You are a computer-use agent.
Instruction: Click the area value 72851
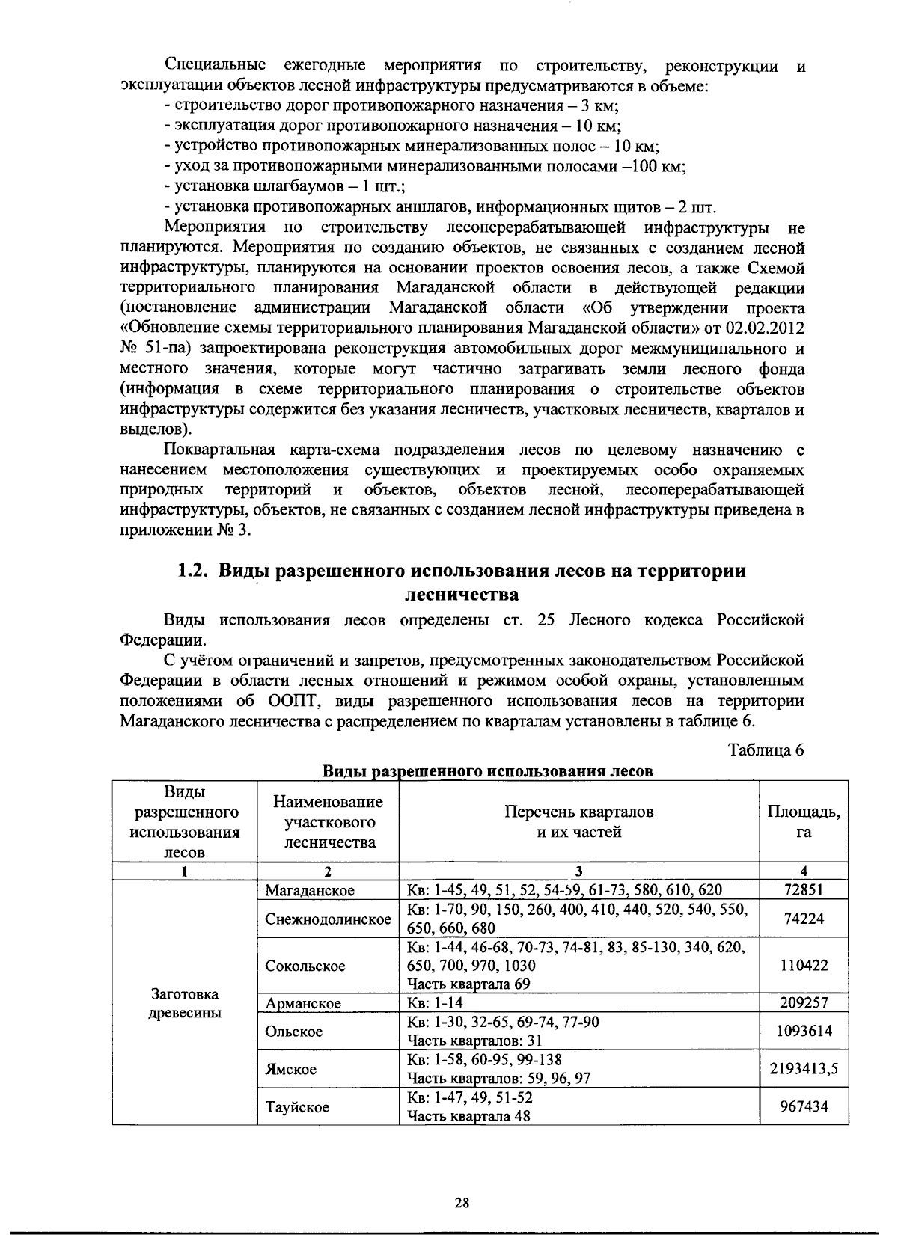pyautogui.click(x=804, y=890)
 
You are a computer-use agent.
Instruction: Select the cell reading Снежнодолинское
pyautogui.click(x=328, y=919)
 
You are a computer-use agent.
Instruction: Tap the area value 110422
pyautogui.click(x=804, y=966)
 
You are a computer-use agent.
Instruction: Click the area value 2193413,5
pyautogui.click(x=804, y=1070)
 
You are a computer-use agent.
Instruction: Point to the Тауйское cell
pyautogui.click(x=297, y=1107)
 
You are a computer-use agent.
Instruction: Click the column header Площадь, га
pyautogui.click(x=804, y=821)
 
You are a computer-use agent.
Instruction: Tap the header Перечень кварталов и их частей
pyautogui.click(x=578, y=821)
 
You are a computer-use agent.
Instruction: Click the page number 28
pyautogui.click(x=462, y=1203)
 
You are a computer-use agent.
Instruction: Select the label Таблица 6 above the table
pyautogui.click(x=766, y=750)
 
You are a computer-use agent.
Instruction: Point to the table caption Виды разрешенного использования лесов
pyautogui.click(x=487, y=771)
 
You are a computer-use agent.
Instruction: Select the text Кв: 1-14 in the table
pyautogui.click(x=430, y=1003)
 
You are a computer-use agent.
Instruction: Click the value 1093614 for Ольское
pyautogui.click(x=804, y=1032)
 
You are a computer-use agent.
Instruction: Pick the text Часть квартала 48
pyautogui.click(x=469, y=1117)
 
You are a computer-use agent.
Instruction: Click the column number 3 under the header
pyautogui.click(x=578, y=871)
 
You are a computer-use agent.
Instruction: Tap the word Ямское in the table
pyautogui.click(x=290, y=1070)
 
